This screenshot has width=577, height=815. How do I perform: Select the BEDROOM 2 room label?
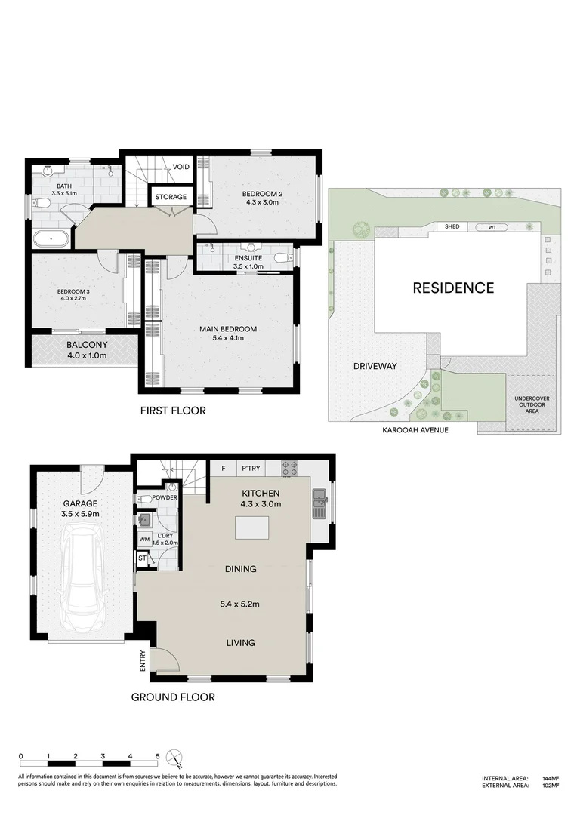click(x=261, y=194)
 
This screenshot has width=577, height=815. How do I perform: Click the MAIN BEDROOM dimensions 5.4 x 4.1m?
click(x=228, y=339)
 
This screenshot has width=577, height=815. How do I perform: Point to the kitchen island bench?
click(x=252, y=527)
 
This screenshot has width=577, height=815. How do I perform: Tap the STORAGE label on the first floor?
click(x=170, y=197)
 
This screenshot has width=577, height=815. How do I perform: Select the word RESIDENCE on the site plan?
click(x=453, y=288)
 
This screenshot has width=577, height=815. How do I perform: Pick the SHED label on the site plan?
click(x=452, y=226)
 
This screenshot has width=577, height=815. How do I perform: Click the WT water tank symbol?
click(x=492, y=226)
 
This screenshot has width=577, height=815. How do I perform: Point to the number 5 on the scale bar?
click(x=157, y=755)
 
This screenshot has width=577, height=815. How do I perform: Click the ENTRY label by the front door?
click(x=142, y=662)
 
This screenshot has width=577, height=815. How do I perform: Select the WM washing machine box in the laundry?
click(x=143, y=540)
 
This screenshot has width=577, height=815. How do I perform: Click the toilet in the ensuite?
click(x=282, y=259)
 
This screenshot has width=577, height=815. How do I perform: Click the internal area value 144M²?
click(x=549, y=778)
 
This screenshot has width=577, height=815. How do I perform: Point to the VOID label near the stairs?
click(x=181, y=167)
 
